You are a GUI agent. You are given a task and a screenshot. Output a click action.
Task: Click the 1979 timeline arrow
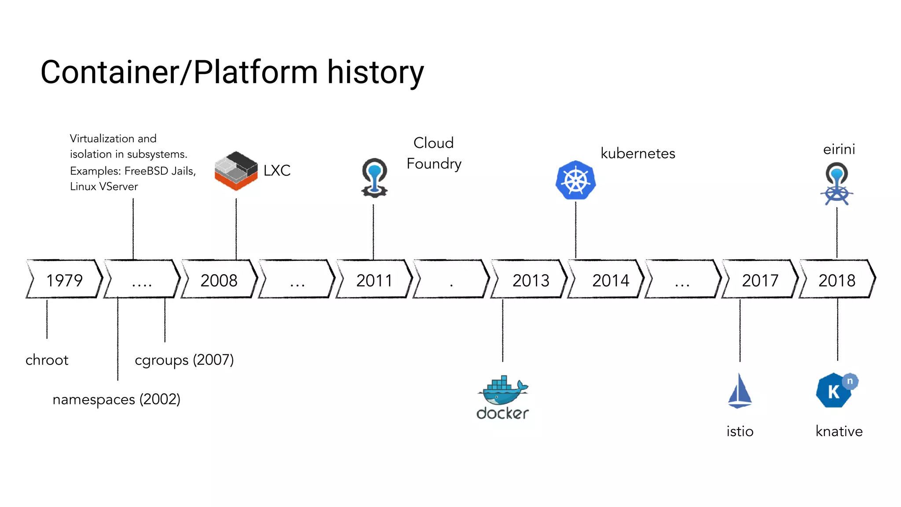tap(64, 280)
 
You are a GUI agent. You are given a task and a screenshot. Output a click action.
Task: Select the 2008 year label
tap(219, 280)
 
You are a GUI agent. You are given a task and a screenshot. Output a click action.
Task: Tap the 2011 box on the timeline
tap(374, 280)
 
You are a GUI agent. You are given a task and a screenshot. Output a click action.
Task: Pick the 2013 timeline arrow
tap(531, 280)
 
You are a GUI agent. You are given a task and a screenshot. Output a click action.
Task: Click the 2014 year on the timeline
tap(610, 280)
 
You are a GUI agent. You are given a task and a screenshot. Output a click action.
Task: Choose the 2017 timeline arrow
tap(760, 280)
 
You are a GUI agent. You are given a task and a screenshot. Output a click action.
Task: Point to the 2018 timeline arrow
tap(837, 280)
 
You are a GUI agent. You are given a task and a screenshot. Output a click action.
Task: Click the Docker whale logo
tap(503, 391)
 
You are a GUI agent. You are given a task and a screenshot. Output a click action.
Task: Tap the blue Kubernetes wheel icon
tap(575, 180)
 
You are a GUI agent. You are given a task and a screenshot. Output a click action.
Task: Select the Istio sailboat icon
tap(740, 391)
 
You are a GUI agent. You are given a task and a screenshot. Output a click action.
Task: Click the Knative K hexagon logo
tap(835, 391)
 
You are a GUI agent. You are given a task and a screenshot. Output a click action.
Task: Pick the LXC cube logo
tap(236, 171)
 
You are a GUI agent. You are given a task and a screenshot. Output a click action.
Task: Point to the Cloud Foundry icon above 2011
tap(374, 177)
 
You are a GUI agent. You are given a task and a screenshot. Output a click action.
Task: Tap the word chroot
tap(47, 360)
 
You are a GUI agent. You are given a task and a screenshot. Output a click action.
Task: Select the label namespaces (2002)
tap(116, 399)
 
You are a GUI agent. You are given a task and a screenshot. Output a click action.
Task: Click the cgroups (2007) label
tap(184, 360)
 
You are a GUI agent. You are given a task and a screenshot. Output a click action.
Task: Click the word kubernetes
tap(637, 153)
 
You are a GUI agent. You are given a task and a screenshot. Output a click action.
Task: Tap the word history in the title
tap(375, 72)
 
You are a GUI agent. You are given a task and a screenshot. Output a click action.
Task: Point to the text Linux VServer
tap(104, 187)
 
